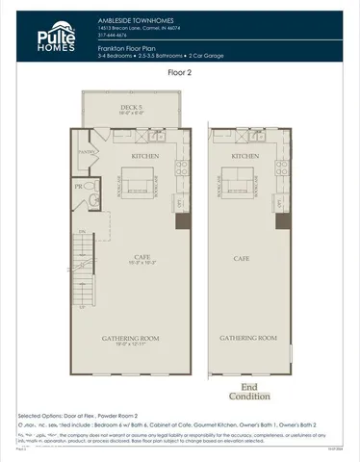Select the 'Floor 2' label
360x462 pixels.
pos(180,72)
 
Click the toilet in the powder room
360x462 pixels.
pos(93,200)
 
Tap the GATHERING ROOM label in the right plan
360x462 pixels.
pos(248,339)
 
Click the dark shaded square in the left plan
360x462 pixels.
pos(179,222)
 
